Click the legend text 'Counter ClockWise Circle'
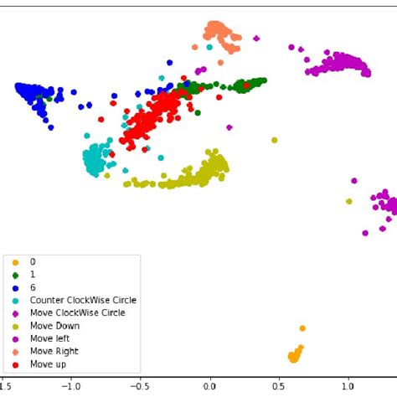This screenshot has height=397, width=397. [x=83, y=300]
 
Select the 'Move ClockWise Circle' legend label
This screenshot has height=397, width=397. [x=77, y=312]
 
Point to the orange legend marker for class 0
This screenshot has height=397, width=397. [x=14, y=261]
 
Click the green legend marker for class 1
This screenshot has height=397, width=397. [x=14, y=274]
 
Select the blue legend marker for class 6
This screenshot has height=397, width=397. [x=14, y=287]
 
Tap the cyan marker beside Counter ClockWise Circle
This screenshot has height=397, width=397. [x=14, y=300]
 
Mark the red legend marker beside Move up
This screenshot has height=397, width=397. [x=14, y=364]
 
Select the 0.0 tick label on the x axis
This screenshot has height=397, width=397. [x=209, y=387]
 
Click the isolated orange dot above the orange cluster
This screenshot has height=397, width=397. [x=302, y=328]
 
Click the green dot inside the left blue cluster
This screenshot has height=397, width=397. [x=49, y=98]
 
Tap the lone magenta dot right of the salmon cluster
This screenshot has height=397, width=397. [x=256, y=39]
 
